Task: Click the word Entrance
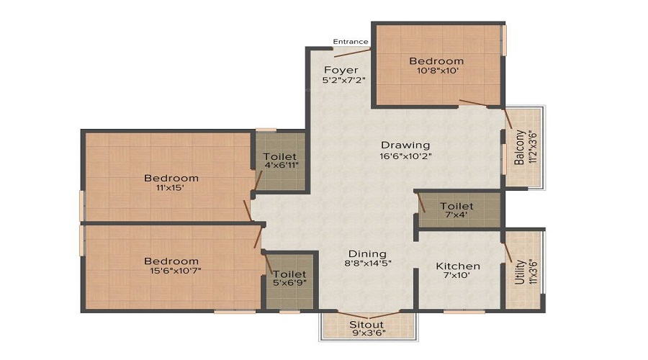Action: (351, 42)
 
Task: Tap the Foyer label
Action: (341, 70)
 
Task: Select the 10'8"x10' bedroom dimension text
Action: (438, 71)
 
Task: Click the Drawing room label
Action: (405, 145)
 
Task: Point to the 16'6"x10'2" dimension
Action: (406, 156)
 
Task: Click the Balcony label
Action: (519, 148)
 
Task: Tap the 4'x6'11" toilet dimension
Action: (282, 166)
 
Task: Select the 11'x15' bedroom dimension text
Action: (170, 188)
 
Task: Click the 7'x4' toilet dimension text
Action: (456, 215)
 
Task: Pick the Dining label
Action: (367, 254)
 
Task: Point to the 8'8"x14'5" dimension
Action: (368, 264)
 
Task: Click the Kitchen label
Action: (458, 266)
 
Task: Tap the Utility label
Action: (519, 272)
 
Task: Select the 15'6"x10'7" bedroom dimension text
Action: (176, 271)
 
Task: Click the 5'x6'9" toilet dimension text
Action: (289, 283)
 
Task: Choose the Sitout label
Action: (366, 325)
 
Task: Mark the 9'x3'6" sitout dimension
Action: (368, 333)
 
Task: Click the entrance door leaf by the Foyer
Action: (353, 53)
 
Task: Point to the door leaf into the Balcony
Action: (508, 119)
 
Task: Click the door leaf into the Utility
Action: (508, 253)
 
